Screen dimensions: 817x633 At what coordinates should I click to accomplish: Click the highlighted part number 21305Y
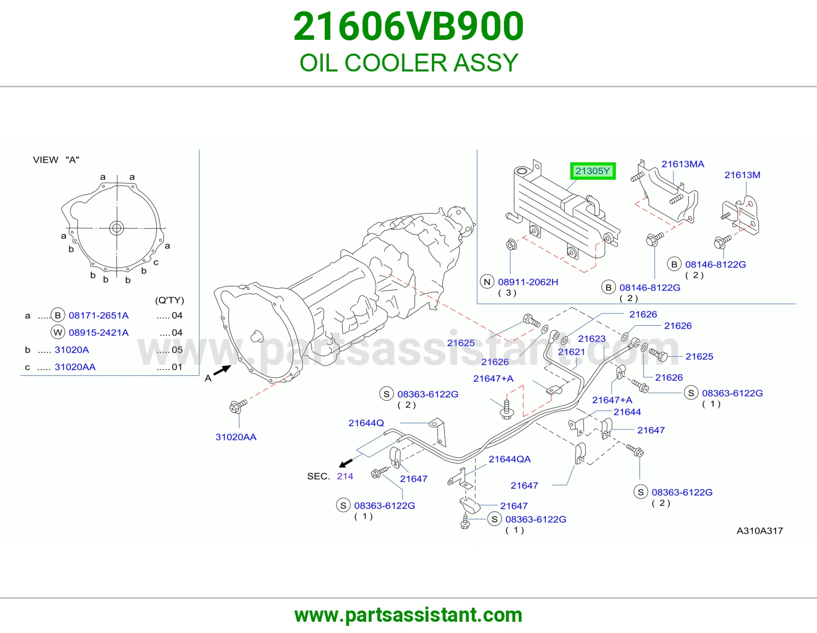click(x=592, y=171)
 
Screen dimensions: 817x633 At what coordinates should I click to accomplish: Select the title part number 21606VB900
click(x=408, y=26)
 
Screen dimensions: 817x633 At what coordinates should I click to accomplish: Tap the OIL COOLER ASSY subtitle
click(x=408, y=63)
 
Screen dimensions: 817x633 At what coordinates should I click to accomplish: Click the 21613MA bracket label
click(x=683, y=164)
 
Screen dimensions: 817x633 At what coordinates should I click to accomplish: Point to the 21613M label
click(x=742, y=175)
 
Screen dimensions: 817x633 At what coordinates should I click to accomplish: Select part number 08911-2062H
click(x=528, y=282)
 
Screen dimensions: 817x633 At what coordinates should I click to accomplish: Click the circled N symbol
click(x=487, y=282)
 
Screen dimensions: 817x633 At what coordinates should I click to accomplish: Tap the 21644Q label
click(x=366, y=423)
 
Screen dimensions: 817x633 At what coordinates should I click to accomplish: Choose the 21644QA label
click(x=510, y=459)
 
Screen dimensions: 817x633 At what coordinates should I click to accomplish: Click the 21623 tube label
click(x=592, y=338)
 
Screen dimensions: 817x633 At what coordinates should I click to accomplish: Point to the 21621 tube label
click(x=571, y=352)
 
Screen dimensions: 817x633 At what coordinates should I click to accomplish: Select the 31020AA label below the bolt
click(x=236, y=437)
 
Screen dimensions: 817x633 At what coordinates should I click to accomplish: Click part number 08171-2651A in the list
click(x=99, y=315)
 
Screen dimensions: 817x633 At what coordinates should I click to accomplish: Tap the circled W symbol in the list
click(x=58, y=332)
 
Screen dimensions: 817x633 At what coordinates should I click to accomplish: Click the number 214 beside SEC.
click(x=345, y=476)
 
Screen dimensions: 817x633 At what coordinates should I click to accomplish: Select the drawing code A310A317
click(x=759, y=531)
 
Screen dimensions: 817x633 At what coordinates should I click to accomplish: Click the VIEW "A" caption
click(x=56, y=160)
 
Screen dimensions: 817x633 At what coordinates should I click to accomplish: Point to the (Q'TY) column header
click(x=170, y=300)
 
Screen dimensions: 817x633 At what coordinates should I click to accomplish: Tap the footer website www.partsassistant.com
click(x=408, y=615)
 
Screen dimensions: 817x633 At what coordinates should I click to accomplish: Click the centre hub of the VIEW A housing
click(x=116, y=228)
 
